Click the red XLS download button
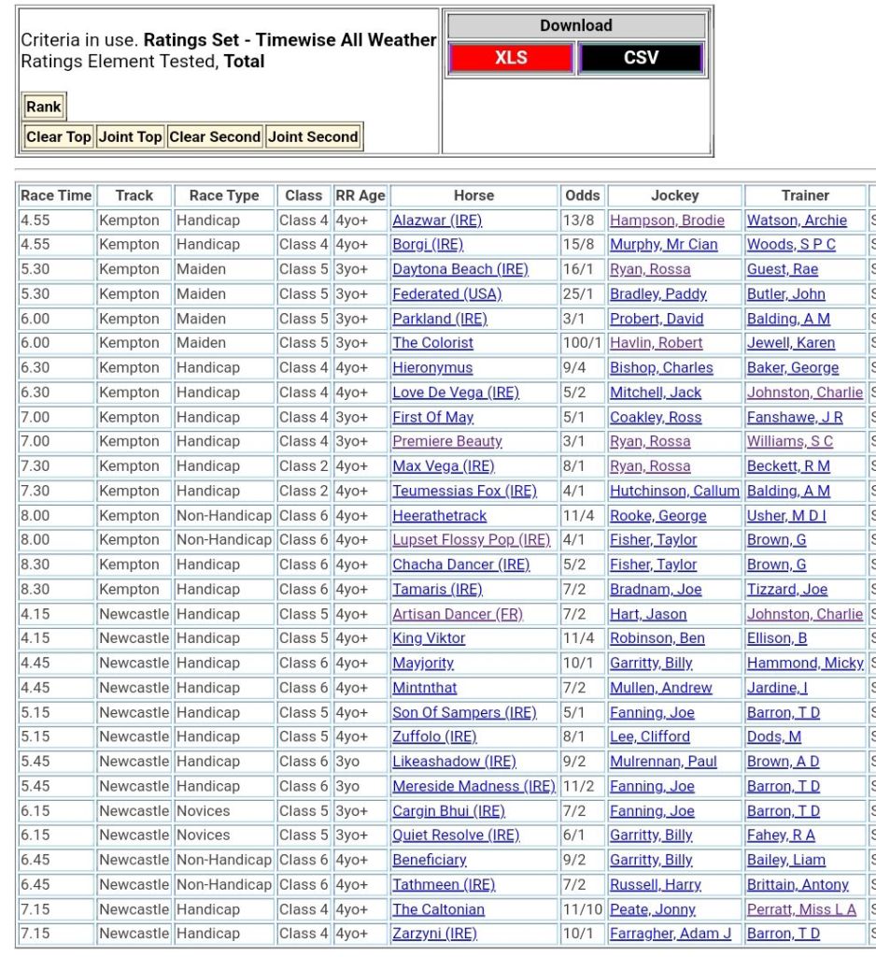[x=511, y=58]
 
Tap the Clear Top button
[x=58, y=136]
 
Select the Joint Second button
[x=313, y=136]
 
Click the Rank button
[x=44, y=107]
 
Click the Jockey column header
[x=674, y=195]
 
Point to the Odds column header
[x=582, y=195]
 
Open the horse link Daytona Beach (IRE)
[x=459, y=269]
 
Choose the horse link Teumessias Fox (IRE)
[x=464, y=491]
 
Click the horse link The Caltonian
[x=438, y=909]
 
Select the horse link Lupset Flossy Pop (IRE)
[x=471, y=540]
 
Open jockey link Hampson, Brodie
[x=667, y=221]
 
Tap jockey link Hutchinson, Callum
[x=674, y=491]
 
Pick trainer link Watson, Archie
[x=797, y=221]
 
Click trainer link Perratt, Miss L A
[x=801, y=909]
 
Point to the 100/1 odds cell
[x=582, y=343]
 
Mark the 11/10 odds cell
[x=582, y=909]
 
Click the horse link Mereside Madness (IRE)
[x=473, y=786]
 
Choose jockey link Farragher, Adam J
[x=670, y=934]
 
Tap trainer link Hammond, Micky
[x=805, y=663]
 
